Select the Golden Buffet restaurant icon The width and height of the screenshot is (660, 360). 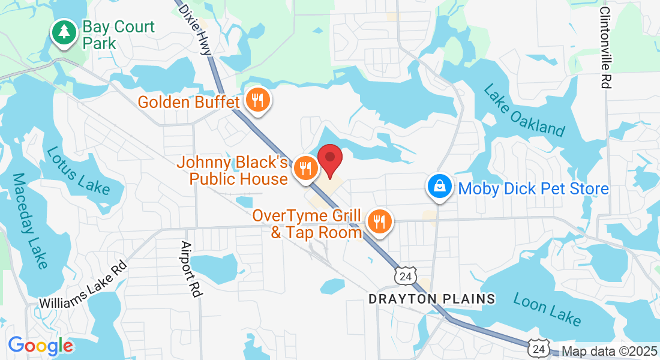(x=258, y=100)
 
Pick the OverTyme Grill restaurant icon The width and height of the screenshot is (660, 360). (x=379, y=223)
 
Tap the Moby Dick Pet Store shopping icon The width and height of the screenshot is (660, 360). (x=440, y=188)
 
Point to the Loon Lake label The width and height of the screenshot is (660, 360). (x=547, y=311)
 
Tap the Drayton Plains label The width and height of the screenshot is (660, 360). (x=432, y=298)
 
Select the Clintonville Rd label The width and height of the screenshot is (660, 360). (x=605, y=48)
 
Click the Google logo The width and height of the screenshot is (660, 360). (x=41, y=346)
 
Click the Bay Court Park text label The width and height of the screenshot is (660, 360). (x=118, y=35)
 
